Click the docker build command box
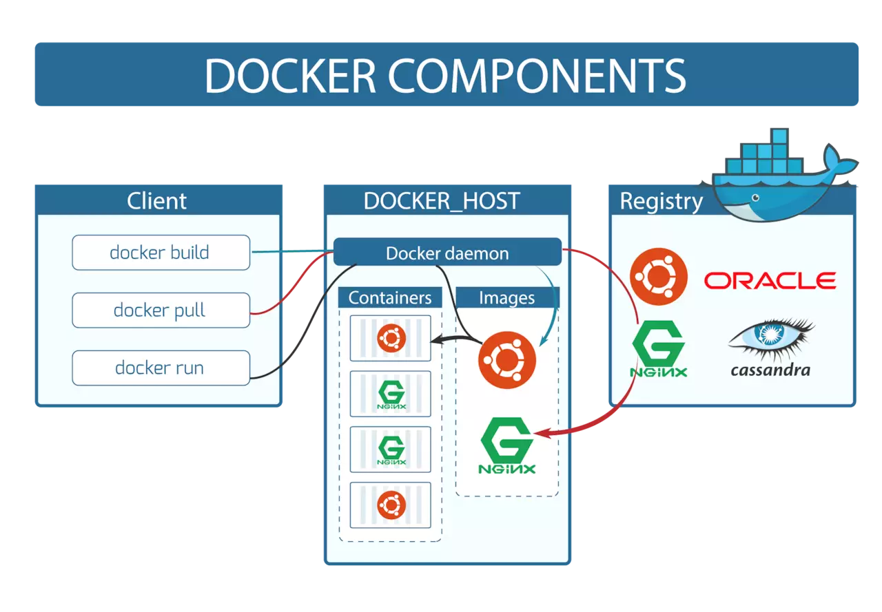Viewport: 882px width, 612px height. (x=161, y=253)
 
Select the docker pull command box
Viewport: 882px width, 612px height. (x=161, y=310)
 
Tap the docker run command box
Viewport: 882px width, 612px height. (x=161, y=368)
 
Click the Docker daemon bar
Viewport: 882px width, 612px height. (x=447, y=253)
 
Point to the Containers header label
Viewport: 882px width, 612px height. (x=390, y=297)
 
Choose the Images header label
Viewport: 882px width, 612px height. (x=507, y=297)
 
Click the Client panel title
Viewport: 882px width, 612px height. (x=157, y=201)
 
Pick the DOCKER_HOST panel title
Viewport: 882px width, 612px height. (x=442, y=201)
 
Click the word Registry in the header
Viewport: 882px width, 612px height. (x=661, y=201)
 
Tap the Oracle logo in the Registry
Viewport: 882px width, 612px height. (x=770, y=280)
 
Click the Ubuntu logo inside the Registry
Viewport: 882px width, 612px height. (x=659, y=275)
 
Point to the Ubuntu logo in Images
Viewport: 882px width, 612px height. (x=507, y=359)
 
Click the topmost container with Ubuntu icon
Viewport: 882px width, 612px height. (x=391, y=338)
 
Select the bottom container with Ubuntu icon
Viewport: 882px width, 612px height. (x=391, y=505)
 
